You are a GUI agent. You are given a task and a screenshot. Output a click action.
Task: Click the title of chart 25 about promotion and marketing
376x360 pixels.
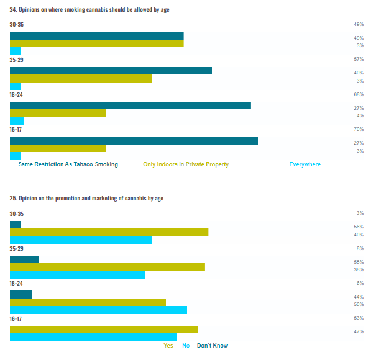86,199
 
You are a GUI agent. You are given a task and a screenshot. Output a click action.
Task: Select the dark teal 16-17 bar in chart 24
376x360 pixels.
134,140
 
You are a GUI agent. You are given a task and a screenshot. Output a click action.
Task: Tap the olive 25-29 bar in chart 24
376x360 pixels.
81,79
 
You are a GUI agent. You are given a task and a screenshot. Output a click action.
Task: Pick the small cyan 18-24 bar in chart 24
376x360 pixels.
17,122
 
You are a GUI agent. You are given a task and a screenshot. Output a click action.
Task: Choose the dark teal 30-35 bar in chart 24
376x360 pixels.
96,35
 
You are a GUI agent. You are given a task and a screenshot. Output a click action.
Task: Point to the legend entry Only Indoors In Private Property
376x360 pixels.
186,164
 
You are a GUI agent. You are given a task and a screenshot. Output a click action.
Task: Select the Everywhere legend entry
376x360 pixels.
305,164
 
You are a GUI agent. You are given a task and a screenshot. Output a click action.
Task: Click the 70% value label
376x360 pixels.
358,129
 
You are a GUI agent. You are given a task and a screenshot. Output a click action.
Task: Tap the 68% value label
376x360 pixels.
358,94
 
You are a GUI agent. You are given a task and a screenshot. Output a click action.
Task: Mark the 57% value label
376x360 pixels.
358,60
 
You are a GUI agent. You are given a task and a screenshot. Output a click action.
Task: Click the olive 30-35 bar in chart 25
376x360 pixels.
109,232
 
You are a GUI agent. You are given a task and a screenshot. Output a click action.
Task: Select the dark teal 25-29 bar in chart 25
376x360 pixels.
24,259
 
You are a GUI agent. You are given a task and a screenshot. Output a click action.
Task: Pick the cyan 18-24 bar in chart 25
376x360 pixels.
98,310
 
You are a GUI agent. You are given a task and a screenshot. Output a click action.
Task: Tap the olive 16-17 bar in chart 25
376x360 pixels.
104,330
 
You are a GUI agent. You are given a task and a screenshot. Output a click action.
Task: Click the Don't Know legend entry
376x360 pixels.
213,346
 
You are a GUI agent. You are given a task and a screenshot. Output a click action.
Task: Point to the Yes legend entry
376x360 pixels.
168,346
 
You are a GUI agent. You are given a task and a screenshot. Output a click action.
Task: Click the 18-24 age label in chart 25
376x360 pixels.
16,283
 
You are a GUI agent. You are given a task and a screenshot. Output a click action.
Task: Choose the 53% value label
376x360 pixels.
359,318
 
